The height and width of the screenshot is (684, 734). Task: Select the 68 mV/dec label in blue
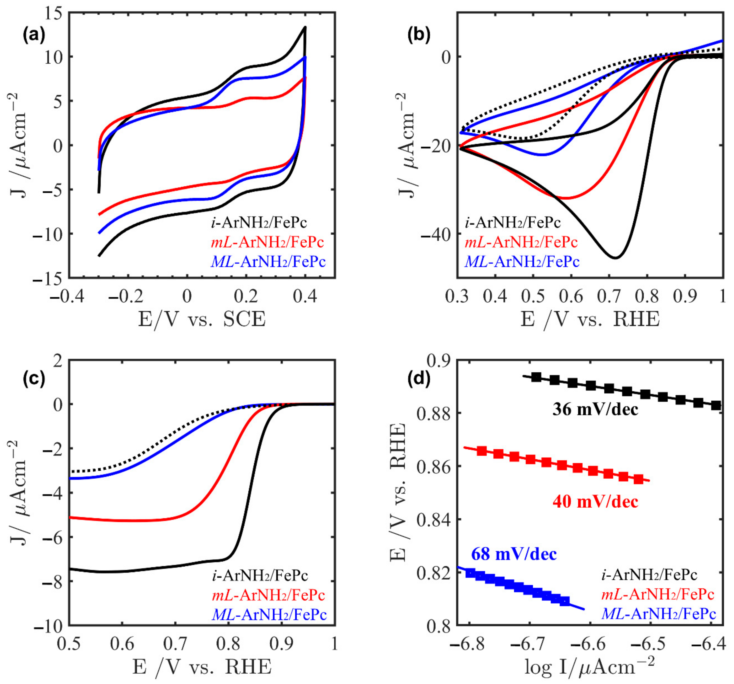(514, 554)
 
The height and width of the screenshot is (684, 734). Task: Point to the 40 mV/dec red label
(595, 501)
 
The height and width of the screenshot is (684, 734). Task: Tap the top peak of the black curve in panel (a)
(305, 27)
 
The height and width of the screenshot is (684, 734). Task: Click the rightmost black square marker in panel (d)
(716, 405)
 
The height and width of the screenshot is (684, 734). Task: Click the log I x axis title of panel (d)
(590, 668)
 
